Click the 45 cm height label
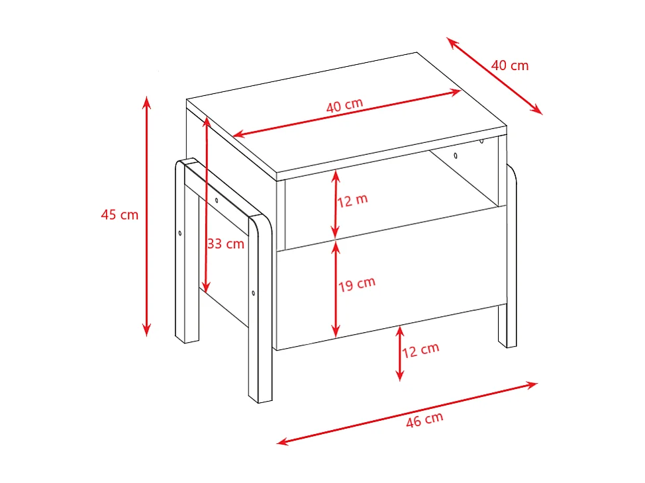tap(120, 215)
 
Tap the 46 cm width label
tap(424, 419)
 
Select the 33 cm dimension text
tap(226, 243)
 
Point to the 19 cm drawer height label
tap(357, 284)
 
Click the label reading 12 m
tap(352, 200)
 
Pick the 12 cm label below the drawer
tap(421, 349)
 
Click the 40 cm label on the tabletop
tap(344, 105)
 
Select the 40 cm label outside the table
tap(510, 66)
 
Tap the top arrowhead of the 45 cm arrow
tap(147, 100)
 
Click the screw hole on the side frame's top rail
tap(217, 200)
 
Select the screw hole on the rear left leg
tap(180, 233)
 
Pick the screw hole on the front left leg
tap(254, 292)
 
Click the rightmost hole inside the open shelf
tap(481, 141)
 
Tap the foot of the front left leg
tap(260, 399)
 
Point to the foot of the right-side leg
tap(509, 344)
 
